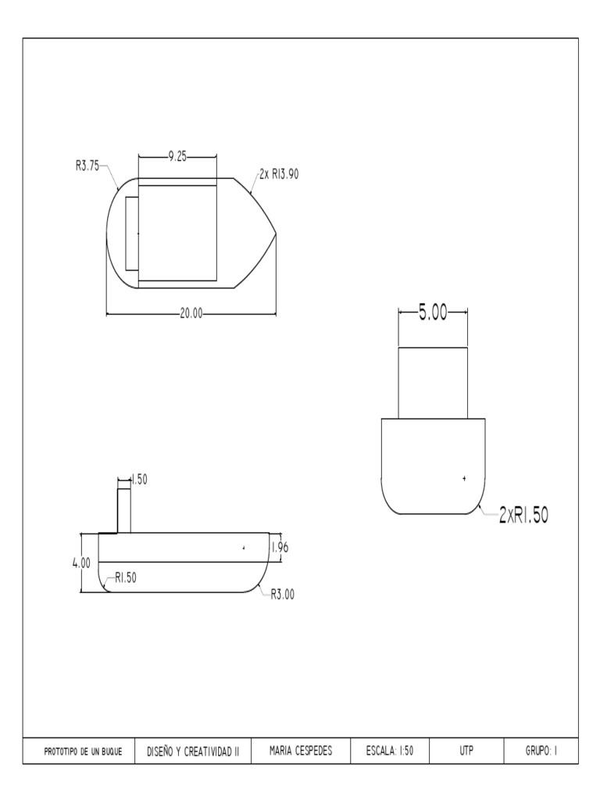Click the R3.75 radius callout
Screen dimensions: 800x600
click(x=87, y=165)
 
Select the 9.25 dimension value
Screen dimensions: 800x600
click(x=177, y=156)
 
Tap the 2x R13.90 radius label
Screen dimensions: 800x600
click(x=279, y=174)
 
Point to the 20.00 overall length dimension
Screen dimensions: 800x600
click(x=191, y=314)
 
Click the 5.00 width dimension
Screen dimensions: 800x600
click(x=433, y=312)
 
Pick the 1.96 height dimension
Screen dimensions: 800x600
click(x=280, y=548)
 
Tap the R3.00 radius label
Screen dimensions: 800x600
click(x=282, y=595)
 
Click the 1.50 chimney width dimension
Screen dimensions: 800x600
click(x=139, y=480)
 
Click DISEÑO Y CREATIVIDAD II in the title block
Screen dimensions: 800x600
click(x=193, y=752)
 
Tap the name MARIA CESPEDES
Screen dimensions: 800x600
click(x=301, y=752)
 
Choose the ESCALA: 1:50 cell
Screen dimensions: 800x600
click(x=389, y=752)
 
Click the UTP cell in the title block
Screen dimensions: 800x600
click(x=466, y=752)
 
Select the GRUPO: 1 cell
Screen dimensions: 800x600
click(x=541, y=752)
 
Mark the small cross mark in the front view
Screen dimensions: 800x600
click(x=464, y=477)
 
